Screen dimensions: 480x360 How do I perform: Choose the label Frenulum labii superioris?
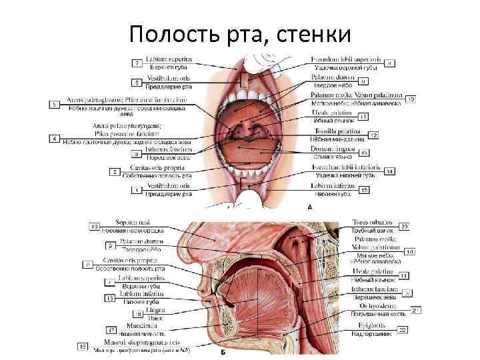coord(345,61)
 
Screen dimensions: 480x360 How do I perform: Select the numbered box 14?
coord(389,171)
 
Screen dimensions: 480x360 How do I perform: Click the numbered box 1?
coord(137,190)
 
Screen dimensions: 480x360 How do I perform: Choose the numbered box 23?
coord(403,227)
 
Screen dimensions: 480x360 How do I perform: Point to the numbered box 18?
coord(139,314)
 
